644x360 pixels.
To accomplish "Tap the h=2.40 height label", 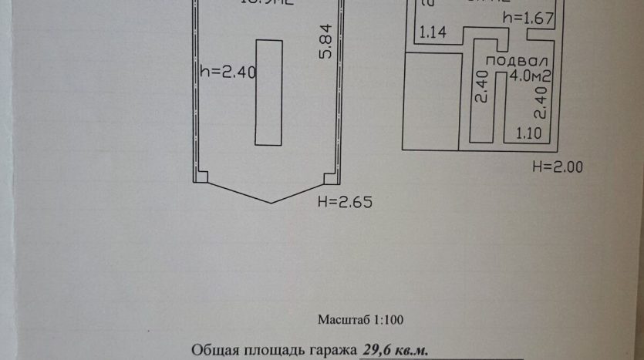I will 228,72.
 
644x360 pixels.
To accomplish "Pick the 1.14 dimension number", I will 433,32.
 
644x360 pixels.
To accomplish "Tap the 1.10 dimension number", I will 528,132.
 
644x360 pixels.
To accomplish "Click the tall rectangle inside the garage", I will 269,93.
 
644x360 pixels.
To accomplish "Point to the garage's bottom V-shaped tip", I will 271,202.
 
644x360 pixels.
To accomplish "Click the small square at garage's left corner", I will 201,177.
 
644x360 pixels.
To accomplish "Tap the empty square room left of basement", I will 430,100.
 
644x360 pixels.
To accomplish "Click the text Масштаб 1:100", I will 360,319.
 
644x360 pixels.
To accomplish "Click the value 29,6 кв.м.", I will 394,349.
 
